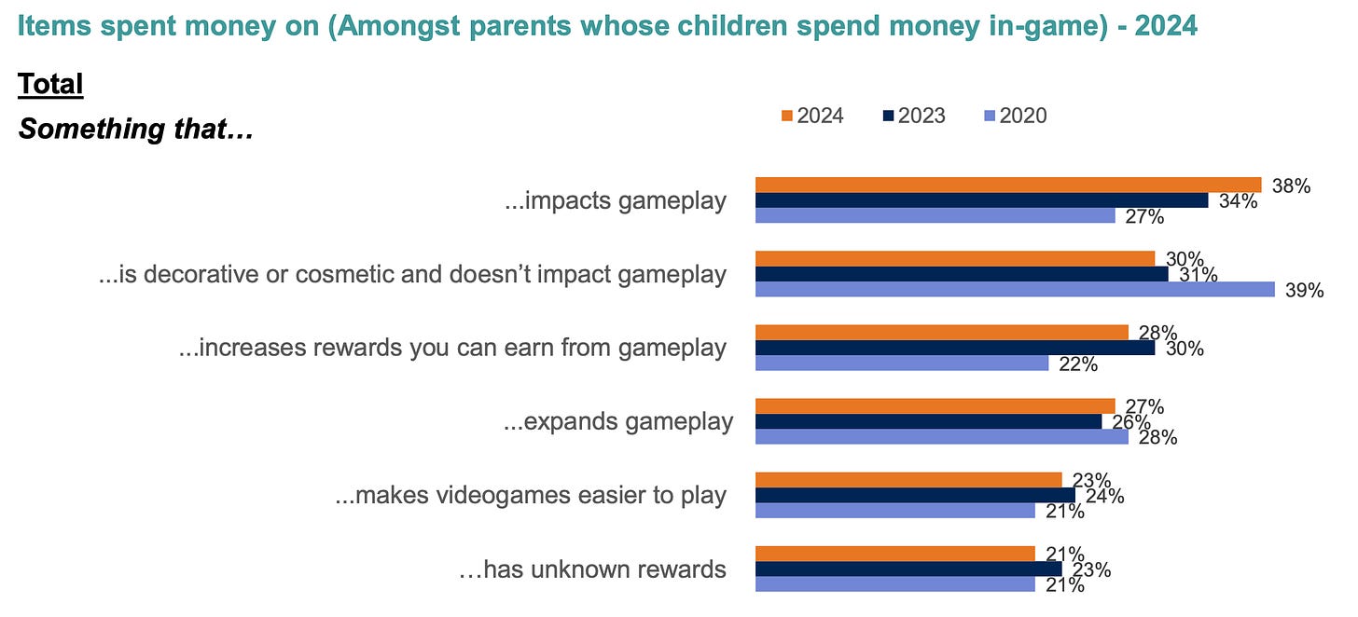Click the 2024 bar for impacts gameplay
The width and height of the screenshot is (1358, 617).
(1008, 185)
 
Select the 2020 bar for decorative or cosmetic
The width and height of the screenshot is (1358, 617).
(1015, 289)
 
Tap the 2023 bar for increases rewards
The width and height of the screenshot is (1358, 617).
(955, 348)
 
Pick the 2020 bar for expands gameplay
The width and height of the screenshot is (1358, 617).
(941, 436)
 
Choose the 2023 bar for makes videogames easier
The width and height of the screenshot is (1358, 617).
(915, 495)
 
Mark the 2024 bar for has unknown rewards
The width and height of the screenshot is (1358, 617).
(894, 554)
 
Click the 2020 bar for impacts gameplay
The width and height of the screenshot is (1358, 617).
(935, 216)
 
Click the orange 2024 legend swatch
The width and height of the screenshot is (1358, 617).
(787, 116)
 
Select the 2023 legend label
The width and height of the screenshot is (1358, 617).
(921, 116)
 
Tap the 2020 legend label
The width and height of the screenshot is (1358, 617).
(1023, 116)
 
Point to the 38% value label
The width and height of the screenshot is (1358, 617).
(1291, 186)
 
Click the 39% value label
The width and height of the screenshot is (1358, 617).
(1305, 290)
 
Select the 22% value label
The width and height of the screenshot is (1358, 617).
(1078, 364)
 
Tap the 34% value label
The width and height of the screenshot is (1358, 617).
(1238, 201)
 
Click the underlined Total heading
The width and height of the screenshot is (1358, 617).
(50, 84)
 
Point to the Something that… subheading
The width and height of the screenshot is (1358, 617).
(136, 129)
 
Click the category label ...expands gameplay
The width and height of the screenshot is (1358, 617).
(618, 421)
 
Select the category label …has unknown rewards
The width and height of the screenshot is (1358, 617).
(592, 569)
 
